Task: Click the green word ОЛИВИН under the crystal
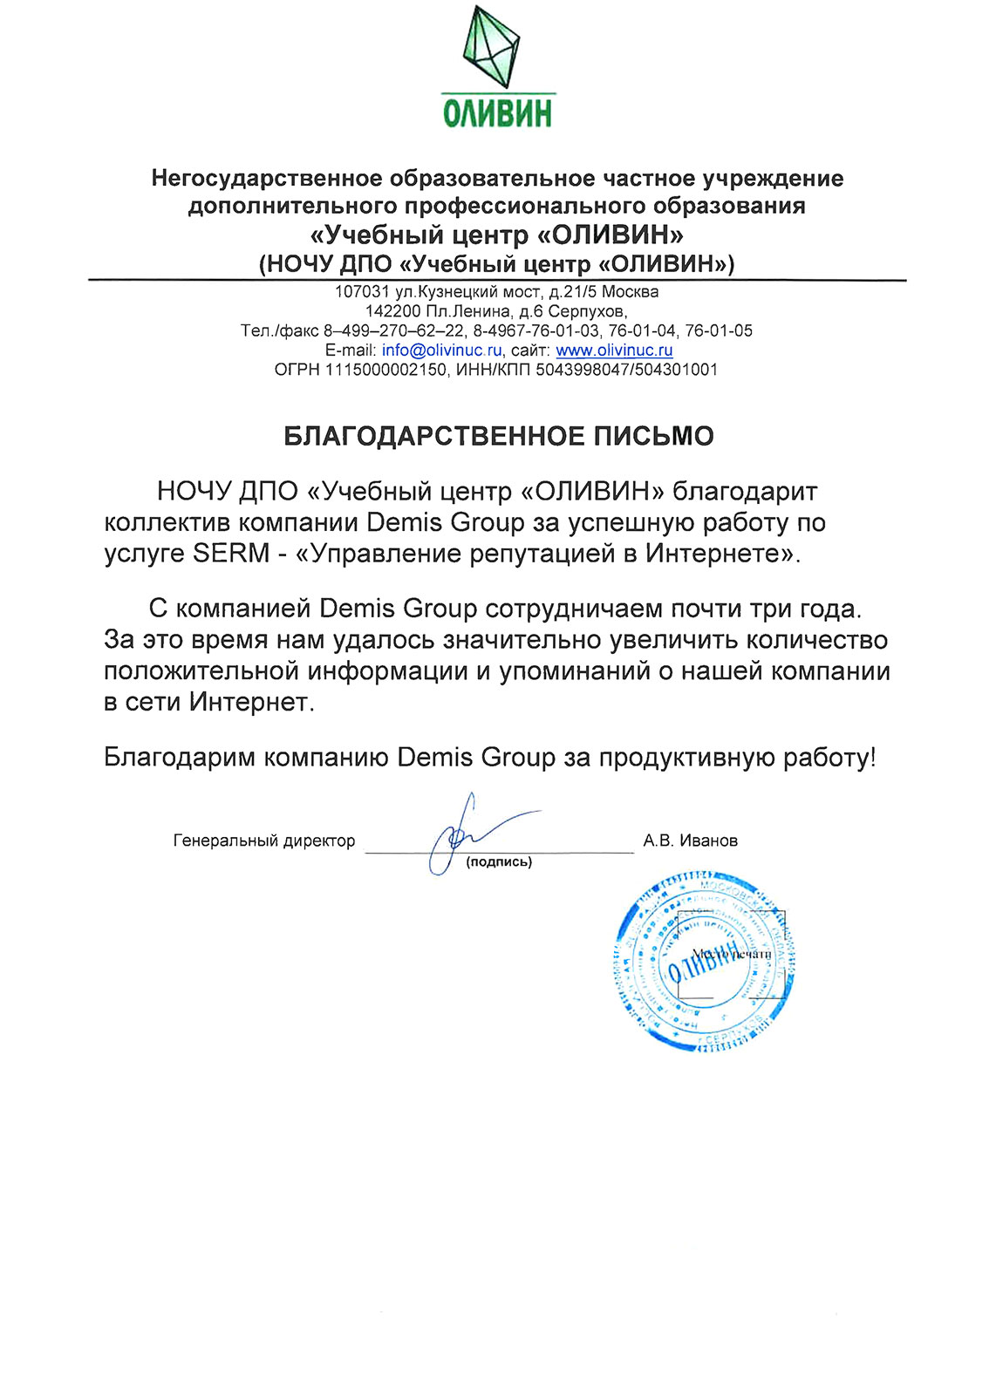click(497, 113)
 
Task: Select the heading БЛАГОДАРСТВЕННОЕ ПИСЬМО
click(498, 436)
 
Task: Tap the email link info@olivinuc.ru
click(441, 350)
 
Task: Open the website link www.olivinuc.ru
click(614, 350)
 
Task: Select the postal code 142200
click(392, 311)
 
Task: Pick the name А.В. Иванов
click(690, 841)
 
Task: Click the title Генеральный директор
click(264, 841)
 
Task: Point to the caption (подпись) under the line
click(499, 862)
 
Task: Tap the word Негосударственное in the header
click(267, 179)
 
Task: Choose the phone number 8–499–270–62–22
click(393, 331)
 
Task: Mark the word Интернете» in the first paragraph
click(721, 554)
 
